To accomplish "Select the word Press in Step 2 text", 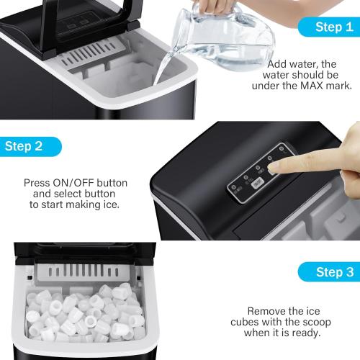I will coord(37,183).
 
